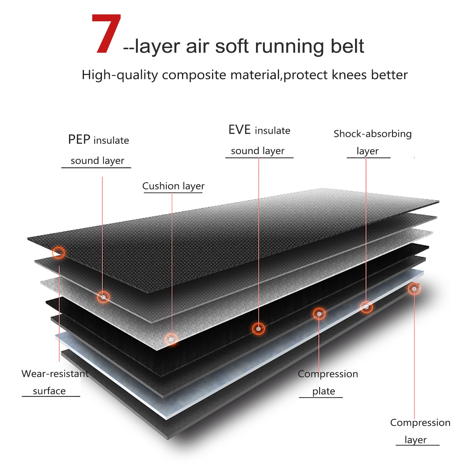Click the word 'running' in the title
pos(289,47)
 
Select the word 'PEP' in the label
pos(79,140)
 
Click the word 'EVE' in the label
pos(239,130)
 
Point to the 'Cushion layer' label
pos(173,186)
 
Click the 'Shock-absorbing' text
pos(373,134)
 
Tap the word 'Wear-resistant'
pos(55,374)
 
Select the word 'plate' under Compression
pos(324,391)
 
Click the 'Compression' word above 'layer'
pos(420,423)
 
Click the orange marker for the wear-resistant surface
pos(59,253)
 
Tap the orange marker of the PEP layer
pos(103,297)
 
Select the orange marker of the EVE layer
pos(258,329)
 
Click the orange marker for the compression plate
pos(319,314)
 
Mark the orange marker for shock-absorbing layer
pos(366,307)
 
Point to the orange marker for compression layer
pos(414,289)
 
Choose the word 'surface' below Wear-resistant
pos(49,391)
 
